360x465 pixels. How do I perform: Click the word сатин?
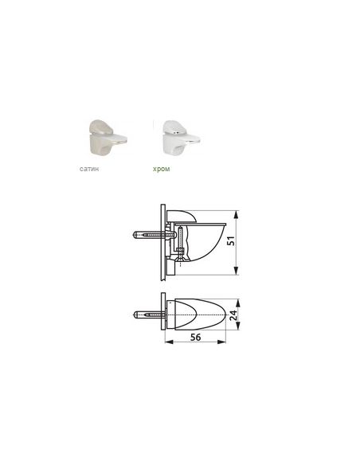pyautogui.click(x=89, y=169)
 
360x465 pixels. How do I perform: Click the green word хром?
pyautogui.click(x=162, y=169)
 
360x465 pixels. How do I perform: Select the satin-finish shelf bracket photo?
pyautogui.click(x=107, y=137)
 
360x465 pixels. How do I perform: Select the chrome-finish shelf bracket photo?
pyautogui.click(x=181, y=137)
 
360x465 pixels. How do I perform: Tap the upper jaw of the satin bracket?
pyautogui.click(x=102, y=127)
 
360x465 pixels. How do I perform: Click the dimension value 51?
pyautogui.click(x=231, y=240)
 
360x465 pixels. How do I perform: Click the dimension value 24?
pyautogui.click(x=234, y=315)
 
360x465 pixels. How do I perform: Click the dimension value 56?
pyautogui.click(x=196, y=337)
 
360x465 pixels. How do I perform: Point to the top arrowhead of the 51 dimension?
pyautogui.click(x=236, y=214)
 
